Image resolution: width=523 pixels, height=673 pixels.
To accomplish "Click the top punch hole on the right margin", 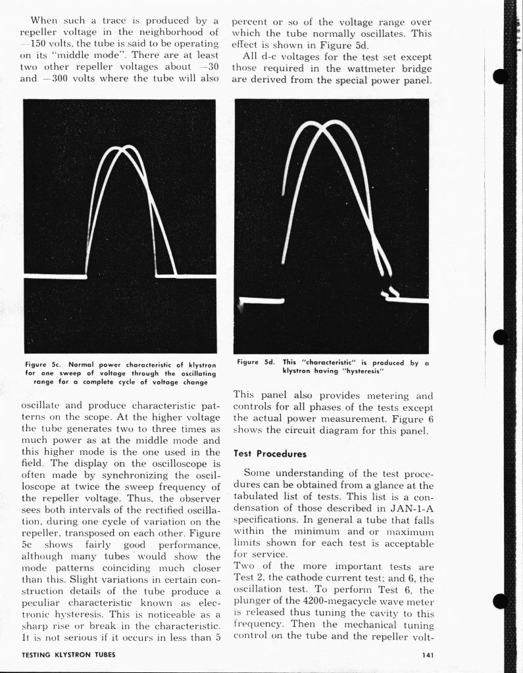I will tap(500, 76).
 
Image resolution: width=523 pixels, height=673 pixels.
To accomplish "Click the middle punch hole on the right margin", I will tap(500, 337).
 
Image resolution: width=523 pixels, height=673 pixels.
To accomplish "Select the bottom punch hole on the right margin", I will tap(500, 601).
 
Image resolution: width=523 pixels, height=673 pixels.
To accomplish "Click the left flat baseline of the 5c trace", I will tap(55, 277).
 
